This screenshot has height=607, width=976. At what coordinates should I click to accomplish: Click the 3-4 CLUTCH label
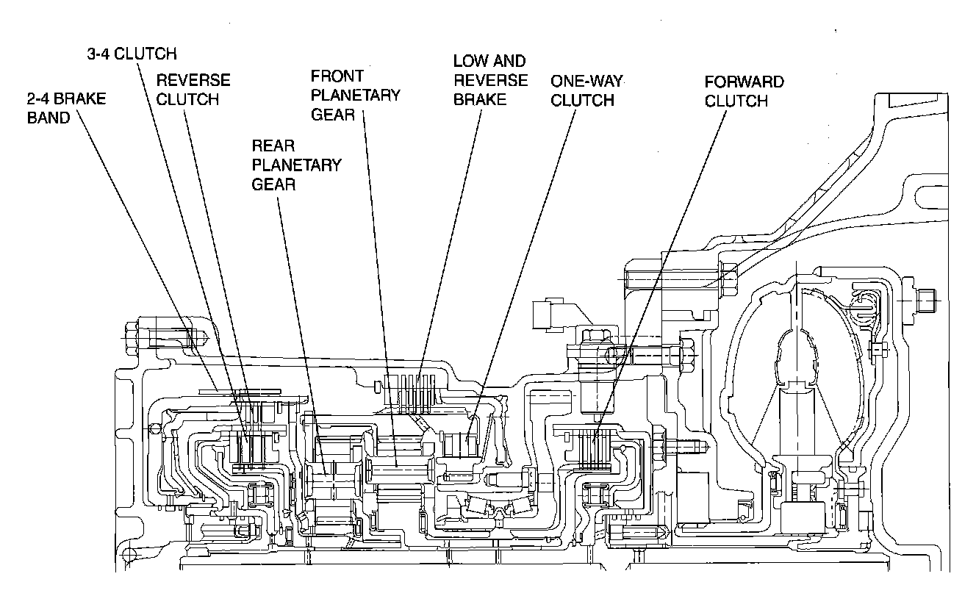point(132,54)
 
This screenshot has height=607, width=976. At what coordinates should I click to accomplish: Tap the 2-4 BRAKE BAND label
point(66,108)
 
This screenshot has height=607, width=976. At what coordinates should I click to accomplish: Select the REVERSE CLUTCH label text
point(193,90)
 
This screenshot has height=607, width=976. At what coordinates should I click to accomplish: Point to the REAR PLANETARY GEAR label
point(297,165)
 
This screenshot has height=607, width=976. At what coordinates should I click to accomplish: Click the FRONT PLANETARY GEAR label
point(356,96)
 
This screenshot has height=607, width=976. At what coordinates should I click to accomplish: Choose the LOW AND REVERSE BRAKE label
point(490,80)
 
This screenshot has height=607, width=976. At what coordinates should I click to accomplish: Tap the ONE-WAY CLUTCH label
point(586,90)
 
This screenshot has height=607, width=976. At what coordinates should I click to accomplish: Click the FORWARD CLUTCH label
point(744,91)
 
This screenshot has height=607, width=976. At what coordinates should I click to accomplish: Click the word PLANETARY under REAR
point(297,165)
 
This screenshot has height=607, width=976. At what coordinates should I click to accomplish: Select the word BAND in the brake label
point(49,118)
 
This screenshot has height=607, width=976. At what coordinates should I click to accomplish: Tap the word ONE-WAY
point(586,81)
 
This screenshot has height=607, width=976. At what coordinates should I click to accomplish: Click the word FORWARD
point(744,82)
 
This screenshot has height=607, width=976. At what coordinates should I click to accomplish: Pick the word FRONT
point(337,76)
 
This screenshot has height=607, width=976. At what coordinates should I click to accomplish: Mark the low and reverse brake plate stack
point(409,395)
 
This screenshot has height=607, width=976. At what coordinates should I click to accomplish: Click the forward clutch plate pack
point(592,450)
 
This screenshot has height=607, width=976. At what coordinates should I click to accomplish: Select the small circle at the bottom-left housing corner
point(129,555)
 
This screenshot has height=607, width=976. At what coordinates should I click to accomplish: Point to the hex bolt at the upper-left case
point(132,338)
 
